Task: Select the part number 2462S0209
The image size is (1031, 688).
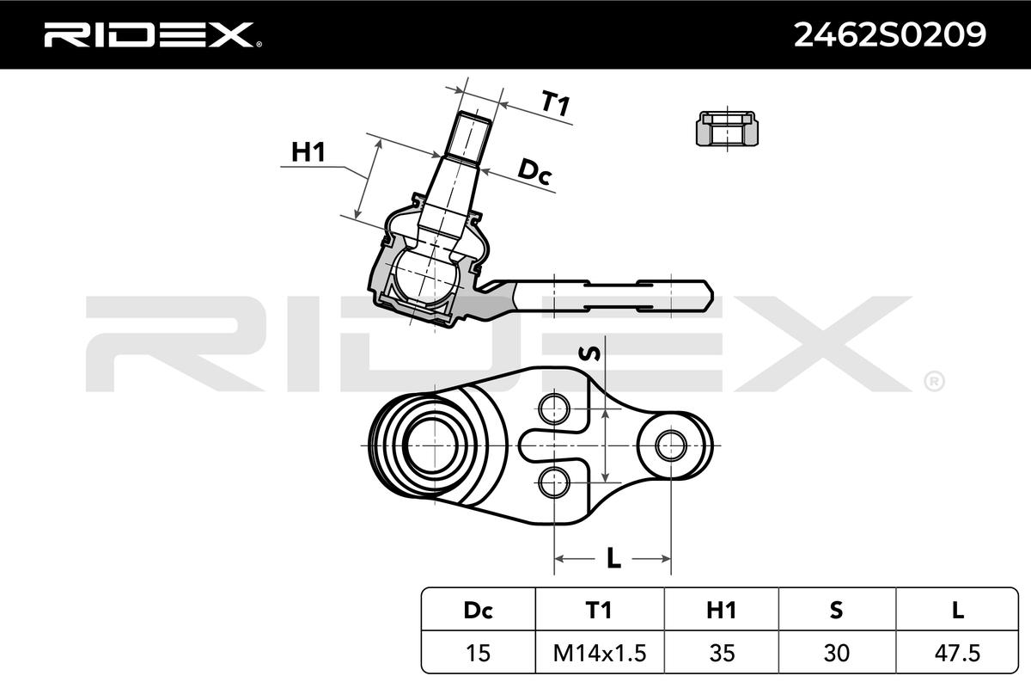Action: click(888, 34)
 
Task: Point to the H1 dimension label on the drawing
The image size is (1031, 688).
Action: click(308, 152)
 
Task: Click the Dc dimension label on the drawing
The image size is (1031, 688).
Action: click(534, 173)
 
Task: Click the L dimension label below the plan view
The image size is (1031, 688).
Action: click(613, 559)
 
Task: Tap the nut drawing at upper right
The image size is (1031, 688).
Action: click(727, 130)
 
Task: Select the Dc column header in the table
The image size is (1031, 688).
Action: click(478, 610)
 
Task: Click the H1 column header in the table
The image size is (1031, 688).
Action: click(721, 610)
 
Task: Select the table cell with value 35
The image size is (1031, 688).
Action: click(721, 652)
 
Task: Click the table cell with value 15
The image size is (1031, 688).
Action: click(478, 652)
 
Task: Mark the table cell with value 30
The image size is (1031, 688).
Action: click(837, 652)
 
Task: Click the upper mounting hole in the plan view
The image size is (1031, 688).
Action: click(555, 407)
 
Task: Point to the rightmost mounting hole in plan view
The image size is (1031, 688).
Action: click(669, 445)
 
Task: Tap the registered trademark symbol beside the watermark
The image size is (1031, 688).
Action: click(933, 380)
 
